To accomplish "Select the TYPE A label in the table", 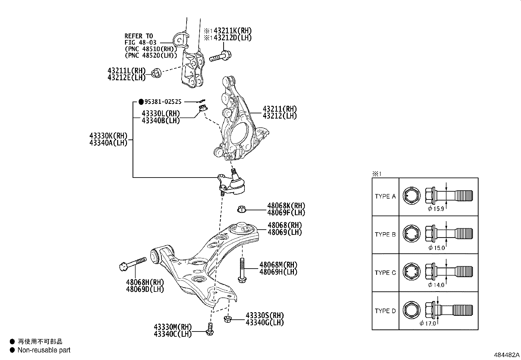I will (x=385, y=197).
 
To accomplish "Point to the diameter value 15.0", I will (x=439, y=248).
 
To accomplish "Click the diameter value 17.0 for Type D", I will (x=430, y=323).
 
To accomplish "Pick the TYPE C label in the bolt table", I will (x=385, y=273).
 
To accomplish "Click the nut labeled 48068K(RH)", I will (x=242, y=209).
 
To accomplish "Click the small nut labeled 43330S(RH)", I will (x=228, y=319).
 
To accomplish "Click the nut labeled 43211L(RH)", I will (x=157, y=73).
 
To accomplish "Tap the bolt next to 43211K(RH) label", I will (x=221, y=56).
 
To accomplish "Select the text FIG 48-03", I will (x=140, y=42).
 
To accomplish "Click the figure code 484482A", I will (x=506, y=355).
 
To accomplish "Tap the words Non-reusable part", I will (x=44, y=350).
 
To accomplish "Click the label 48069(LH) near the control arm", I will (x=284, y=232).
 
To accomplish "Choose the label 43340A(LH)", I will (x=108, y=143).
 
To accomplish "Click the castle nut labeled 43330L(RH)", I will (x=203, y=107).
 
